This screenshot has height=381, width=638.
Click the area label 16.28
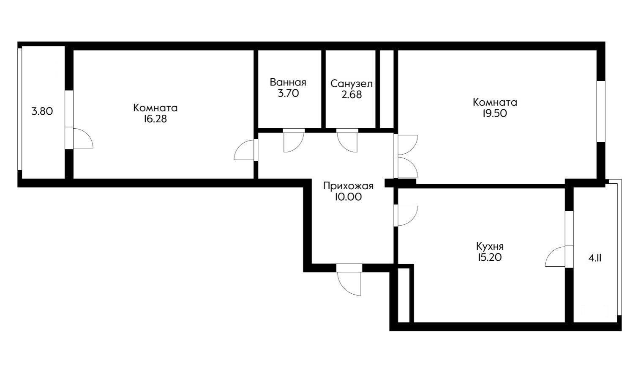[155, 119]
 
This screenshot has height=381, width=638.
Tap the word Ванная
[288, 82]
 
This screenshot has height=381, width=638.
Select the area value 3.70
[288, 94]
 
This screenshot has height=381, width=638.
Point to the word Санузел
[352, 84]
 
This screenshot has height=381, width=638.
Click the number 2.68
[352, 95]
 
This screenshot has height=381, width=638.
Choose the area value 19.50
[495, 113]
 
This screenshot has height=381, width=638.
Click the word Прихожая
[348, 186]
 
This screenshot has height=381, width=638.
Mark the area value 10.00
[348, 197]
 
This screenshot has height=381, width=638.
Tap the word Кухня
[490, 246]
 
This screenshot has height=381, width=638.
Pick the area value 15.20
[490, 257]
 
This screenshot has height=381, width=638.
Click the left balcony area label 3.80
[42, 112]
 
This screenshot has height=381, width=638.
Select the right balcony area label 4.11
[595, 257]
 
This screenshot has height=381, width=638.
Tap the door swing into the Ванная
[293, 141]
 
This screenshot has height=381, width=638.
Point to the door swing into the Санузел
[347, 141]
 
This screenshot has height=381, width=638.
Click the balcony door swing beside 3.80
[82, 138]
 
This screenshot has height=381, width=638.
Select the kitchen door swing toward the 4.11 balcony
[556, 257]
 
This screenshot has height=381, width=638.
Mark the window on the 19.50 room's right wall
[601, 111]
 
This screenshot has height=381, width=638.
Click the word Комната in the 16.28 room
[155, 108]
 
